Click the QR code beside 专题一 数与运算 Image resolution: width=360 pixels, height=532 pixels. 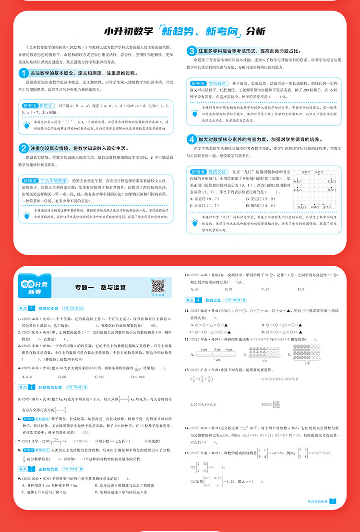[x=158, y=286]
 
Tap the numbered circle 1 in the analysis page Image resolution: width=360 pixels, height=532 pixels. [x=23, y=73]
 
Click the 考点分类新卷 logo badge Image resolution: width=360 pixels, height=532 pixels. [x=35, y=287]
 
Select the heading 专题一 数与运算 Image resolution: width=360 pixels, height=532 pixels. [x=100, y=287]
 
